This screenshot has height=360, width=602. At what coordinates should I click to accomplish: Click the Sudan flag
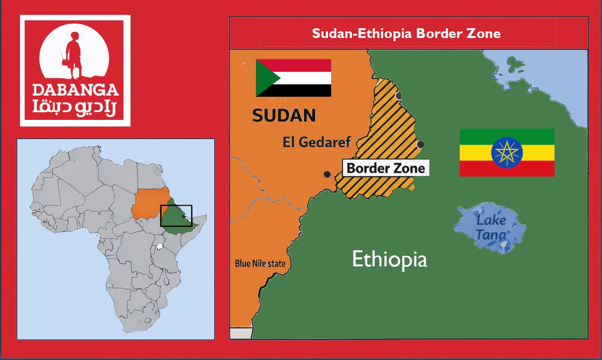[293, 78]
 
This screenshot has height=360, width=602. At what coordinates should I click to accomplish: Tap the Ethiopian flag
[507, 152]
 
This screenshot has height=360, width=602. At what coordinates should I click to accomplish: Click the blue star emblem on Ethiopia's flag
[507, 152]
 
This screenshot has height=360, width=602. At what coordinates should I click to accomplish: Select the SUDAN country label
[284, 116]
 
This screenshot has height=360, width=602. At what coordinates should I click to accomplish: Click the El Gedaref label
[316, 142]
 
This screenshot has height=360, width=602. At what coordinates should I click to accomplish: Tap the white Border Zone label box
[386, 168]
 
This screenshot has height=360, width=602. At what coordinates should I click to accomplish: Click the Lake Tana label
[491, 227]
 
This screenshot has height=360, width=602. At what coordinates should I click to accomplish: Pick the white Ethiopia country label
[389, 259]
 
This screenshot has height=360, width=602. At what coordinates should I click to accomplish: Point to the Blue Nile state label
[260, 263]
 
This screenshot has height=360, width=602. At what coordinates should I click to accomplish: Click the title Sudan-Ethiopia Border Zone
[406, 33]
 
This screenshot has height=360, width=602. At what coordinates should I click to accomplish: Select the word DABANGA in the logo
[75, 90]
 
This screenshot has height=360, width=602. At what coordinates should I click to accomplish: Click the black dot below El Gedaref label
[327, 174]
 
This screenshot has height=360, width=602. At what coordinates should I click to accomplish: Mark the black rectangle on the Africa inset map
[176, 216]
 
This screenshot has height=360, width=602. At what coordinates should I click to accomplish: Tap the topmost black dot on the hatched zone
[399, 96]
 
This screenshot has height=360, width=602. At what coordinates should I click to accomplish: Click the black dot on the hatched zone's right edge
[421, 145]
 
